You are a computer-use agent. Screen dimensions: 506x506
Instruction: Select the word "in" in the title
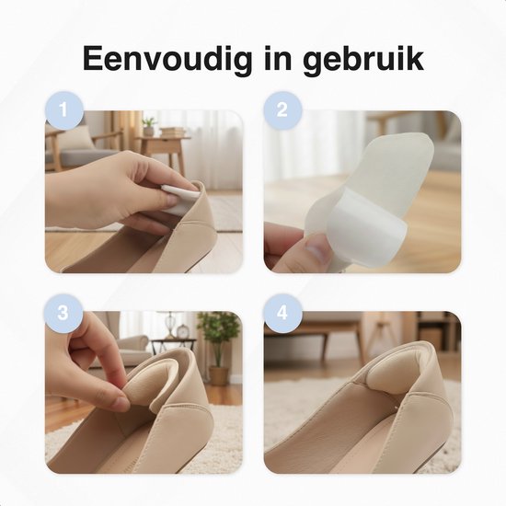pos(277,58)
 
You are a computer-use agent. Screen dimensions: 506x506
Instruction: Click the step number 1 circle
pos(63,109)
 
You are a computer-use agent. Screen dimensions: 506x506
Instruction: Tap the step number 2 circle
pos(282,109)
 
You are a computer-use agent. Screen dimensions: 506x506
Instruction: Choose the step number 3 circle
pos(63,313)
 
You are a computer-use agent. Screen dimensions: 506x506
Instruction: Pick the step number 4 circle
pos(282,313)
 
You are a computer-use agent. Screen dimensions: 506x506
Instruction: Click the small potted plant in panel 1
pos(149,126)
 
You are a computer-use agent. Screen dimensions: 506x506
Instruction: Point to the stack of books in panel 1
pos(173,132)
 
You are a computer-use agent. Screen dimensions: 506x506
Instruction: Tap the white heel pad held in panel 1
pos(179,198)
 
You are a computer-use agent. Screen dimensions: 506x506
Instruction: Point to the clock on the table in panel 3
pos(183,332)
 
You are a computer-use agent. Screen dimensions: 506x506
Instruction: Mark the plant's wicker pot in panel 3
pos(219,375)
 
